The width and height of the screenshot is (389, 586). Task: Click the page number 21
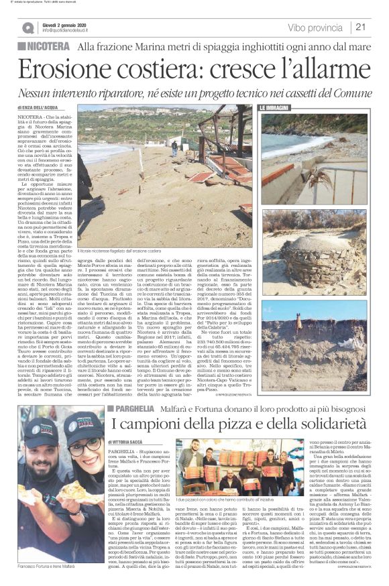pos(361,27)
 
